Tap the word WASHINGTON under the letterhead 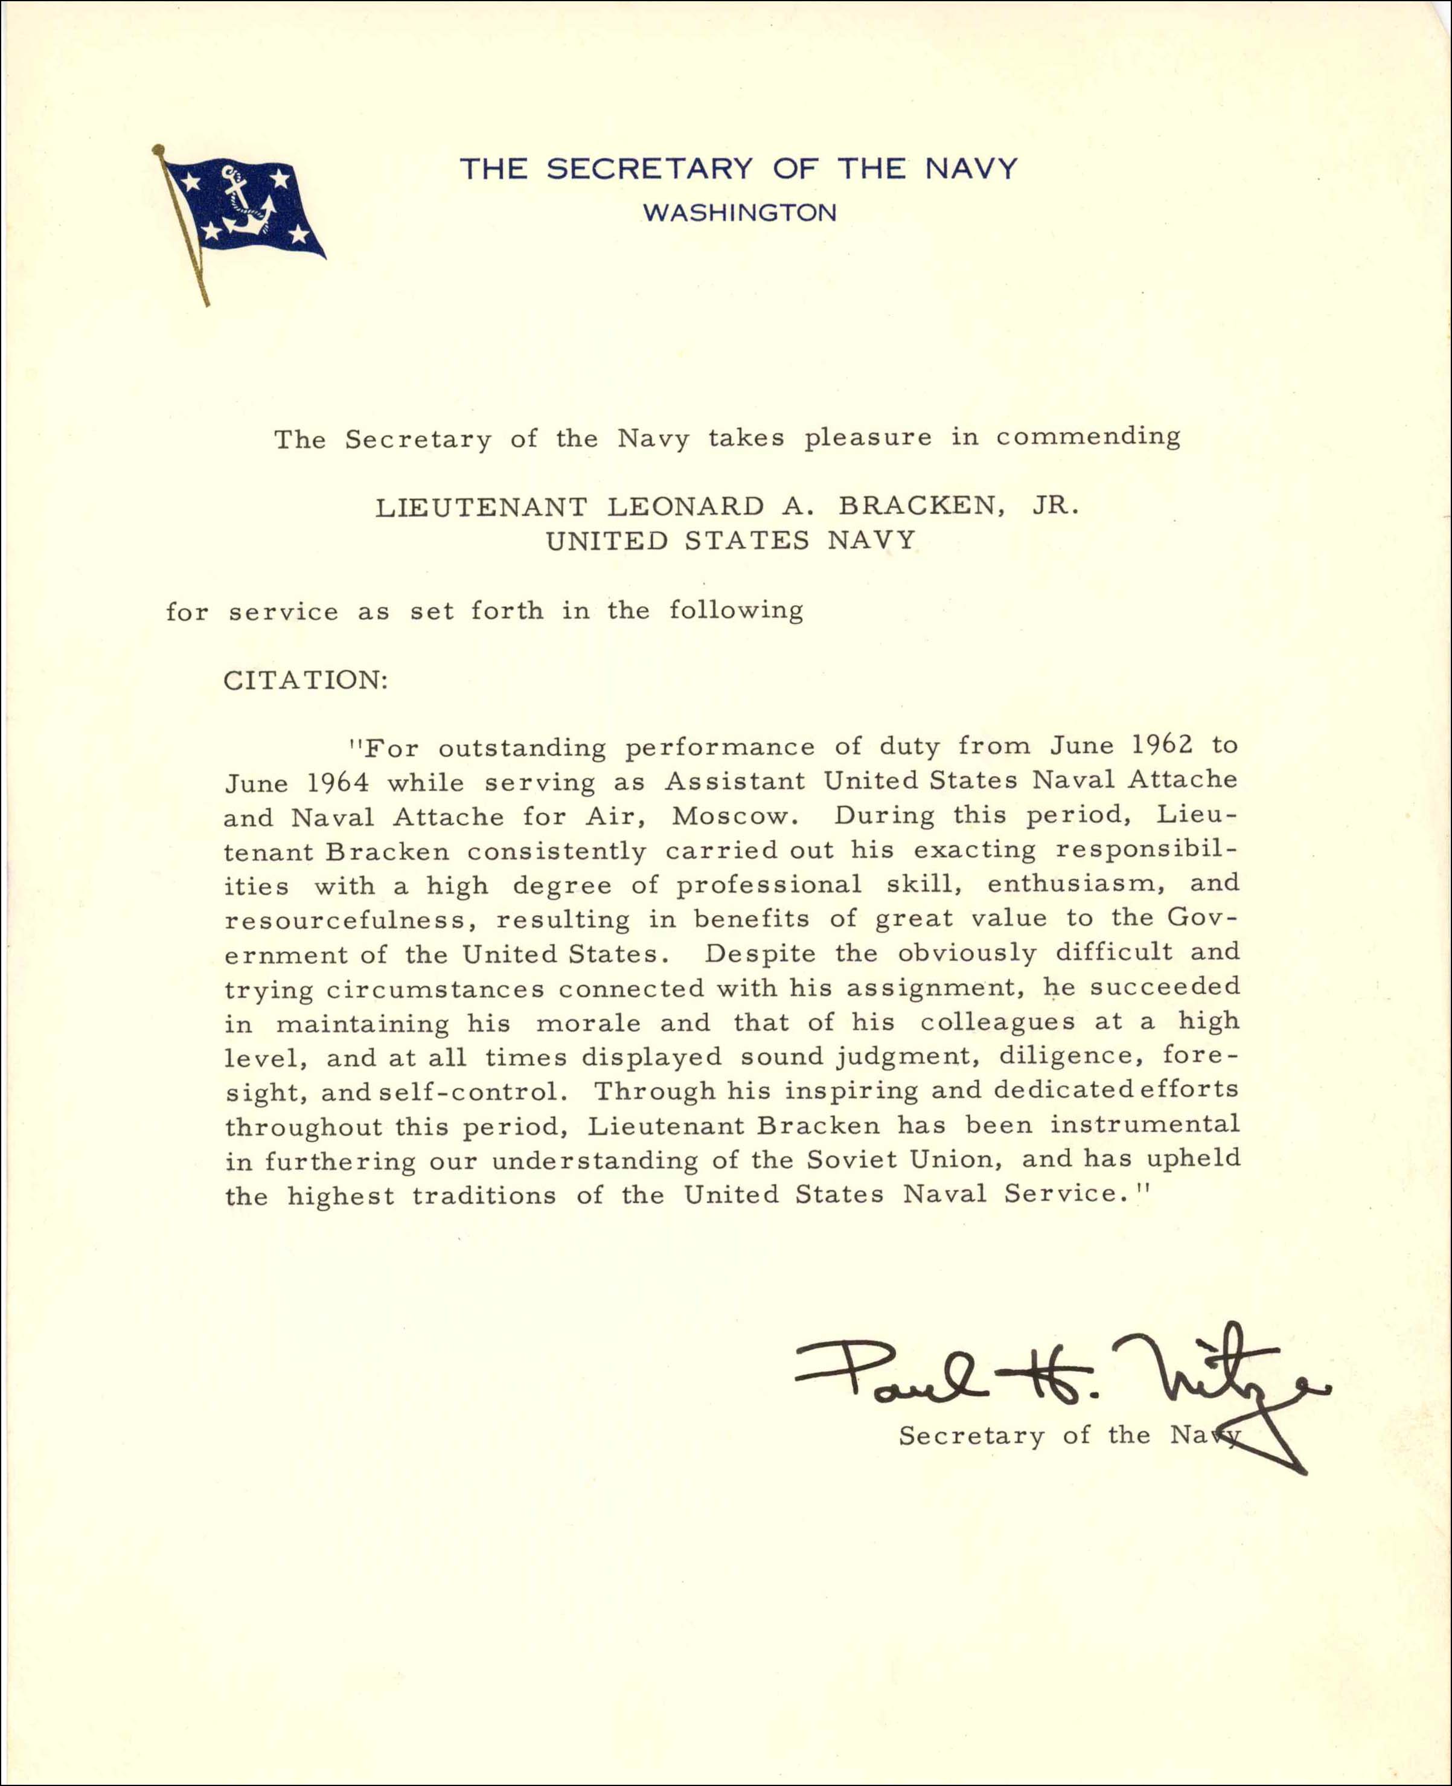(x=740, y=213)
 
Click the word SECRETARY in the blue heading (x=650, y=169)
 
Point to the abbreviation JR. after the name (x=1055, y=506)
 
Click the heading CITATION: (x=305, y=679)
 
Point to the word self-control (x=469, y=1093)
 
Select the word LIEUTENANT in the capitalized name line (x=481, y=507)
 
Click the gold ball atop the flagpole (x=157, y=150)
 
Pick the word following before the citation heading (x=735, y=611)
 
